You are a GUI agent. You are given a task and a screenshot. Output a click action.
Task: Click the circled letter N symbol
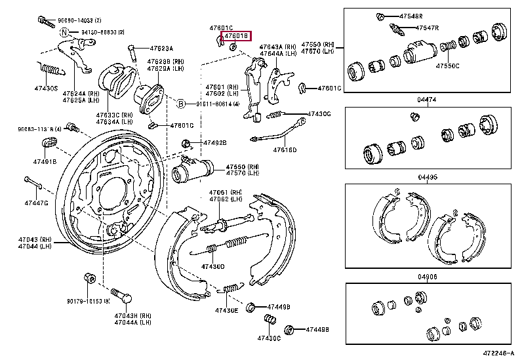(64, 31)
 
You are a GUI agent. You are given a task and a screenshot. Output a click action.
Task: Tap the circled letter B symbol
(181, 104)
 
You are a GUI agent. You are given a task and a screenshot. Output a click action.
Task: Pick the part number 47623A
(160, 48)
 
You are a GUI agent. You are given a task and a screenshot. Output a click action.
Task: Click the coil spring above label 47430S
(51, 68)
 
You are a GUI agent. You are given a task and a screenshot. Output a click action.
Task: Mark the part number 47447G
(37, 203)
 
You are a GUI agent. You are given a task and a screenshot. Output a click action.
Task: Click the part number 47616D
(285, 150)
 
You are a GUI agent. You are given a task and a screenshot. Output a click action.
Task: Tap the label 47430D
(212, 266)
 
